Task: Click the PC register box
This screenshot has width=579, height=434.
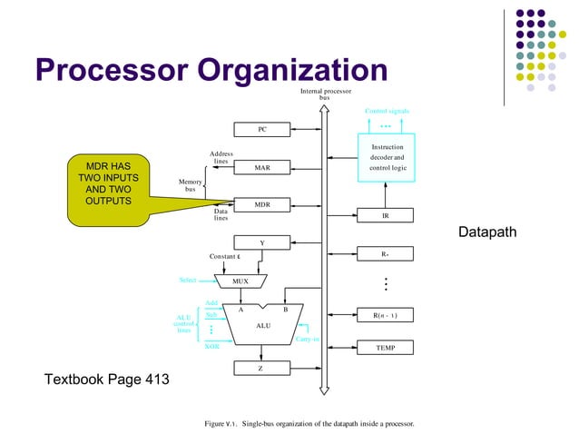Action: point(262,130)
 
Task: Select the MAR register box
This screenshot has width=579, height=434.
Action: point(262,167)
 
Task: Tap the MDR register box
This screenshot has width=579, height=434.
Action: point(262,205)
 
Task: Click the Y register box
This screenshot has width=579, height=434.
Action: point(262,242)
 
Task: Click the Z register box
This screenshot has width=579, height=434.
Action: point(262,368)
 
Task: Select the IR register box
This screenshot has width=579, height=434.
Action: point(386,216)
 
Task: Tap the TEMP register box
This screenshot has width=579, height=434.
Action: point(386,348)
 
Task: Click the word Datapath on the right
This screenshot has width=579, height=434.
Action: point(486,233)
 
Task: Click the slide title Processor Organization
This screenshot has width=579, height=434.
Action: point(211,70)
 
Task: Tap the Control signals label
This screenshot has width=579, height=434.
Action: point(387,111)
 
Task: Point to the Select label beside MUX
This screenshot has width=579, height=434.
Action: point(188,281)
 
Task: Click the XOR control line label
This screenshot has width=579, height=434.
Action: point(211,346)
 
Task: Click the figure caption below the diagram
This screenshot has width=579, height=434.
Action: point(309,424)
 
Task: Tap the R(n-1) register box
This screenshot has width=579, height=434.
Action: point(386,315)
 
